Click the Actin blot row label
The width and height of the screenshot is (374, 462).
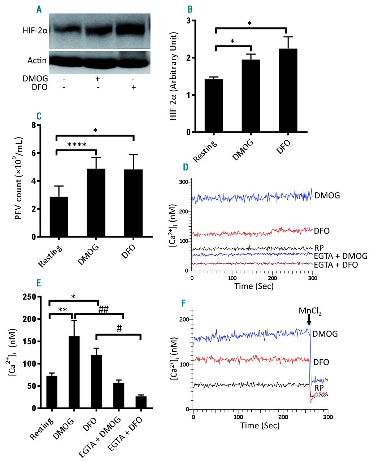coord(37,60)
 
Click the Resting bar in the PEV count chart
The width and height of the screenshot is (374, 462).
coord(58,217)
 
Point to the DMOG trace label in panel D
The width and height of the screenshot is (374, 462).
coord(327,196)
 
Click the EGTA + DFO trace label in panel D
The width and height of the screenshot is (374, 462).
coord(336,265)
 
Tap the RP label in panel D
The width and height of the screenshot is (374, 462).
coord(319,248)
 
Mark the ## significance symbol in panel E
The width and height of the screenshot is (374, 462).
coord(103,309)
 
